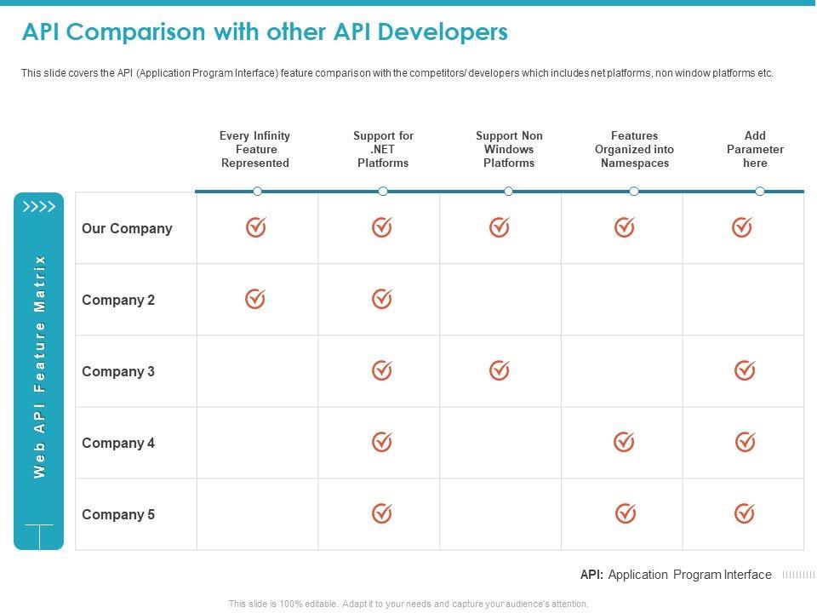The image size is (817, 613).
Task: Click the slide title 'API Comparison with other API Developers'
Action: point(264,32)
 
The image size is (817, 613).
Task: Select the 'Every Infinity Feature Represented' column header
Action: point(254,149)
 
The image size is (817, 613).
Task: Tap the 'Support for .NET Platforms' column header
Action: point(383,149)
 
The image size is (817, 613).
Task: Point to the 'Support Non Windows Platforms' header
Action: point(509,149)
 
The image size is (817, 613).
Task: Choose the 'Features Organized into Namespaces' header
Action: point(634,149)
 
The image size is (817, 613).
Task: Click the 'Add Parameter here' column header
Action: point(755,149)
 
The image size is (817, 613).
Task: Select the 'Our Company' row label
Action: point(127,228)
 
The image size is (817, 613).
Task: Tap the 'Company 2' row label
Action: point(118,300)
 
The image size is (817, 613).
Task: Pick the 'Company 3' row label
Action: point(118,371)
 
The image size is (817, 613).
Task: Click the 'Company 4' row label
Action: point(118,443)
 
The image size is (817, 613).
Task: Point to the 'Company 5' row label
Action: point(118,514)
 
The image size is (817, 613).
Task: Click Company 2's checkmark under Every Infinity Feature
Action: point(255,299)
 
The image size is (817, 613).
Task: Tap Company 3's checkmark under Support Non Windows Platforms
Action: point(500,370)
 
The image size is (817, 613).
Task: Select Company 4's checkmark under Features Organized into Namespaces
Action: point(625,441)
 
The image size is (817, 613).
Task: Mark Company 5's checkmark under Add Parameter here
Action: point(745,513)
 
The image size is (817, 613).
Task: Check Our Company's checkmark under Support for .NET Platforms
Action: point(382,227)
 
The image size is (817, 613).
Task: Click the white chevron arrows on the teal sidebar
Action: point(39,206)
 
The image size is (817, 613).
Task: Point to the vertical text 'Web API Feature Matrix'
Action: point(39,366)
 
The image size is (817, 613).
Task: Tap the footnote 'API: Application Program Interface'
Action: point(676,575)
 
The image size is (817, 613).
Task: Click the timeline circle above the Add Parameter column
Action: point(760,192)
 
